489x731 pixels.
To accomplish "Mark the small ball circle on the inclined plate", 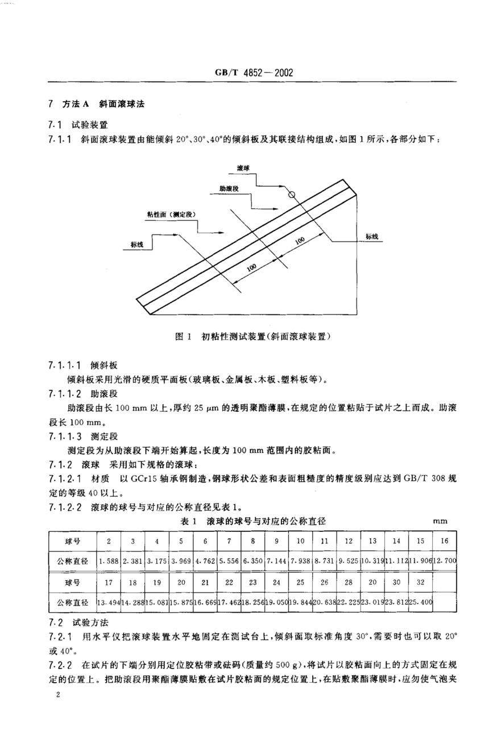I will tap(292, 195).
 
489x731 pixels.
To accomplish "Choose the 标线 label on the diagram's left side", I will tap(137, 243).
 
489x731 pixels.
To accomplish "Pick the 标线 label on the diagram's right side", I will tap(372, 236).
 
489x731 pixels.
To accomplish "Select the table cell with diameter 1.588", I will tap(108, 560).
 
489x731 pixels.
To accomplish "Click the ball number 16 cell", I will tap(444, 540).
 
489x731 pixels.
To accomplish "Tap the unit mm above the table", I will tap(441, 521).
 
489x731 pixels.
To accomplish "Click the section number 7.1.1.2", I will tap(66, 393).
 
